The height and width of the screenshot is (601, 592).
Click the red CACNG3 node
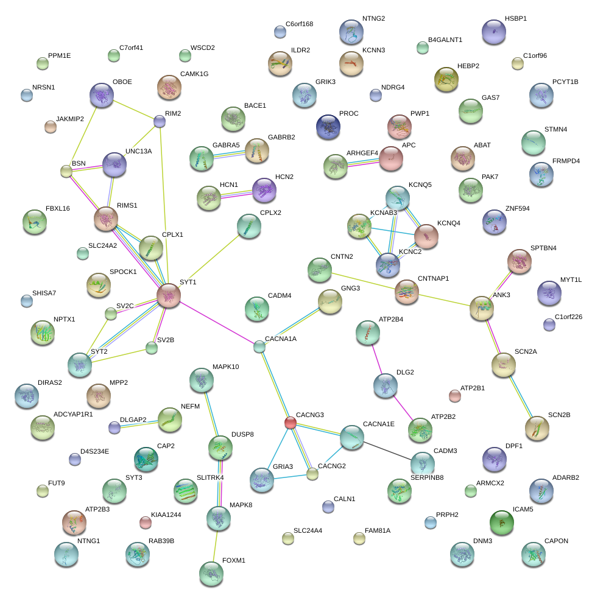[x=291, y=423]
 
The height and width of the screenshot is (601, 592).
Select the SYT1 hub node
[x=168, y=295]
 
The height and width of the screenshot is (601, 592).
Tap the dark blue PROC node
[x=328, y=127]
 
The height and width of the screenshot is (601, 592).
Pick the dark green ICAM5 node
[x=501, y=522]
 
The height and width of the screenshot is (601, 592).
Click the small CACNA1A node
[x=259, y=347]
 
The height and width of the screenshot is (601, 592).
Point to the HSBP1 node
[x=493, y=32]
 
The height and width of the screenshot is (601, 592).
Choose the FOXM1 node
[x=211, y=574]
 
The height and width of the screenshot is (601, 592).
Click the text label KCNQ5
[x=420, y=185]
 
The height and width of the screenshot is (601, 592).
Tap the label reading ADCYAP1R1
[x=73, y=414]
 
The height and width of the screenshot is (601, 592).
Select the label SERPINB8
[x=427, y=477]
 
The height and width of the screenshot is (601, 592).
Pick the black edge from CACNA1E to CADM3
[x=387, y=451]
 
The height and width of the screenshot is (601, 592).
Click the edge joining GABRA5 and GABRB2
[x=229, y=155]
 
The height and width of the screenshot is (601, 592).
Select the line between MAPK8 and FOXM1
[x=215, y=546]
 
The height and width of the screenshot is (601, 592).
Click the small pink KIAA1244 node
[x=146, y=522]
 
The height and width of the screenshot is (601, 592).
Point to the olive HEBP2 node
[x=446, y=79]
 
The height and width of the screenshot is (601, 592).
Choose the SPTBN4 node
[x=519, y=261]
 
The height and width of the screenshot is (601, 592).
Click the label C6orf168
[x=299, y=24]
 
